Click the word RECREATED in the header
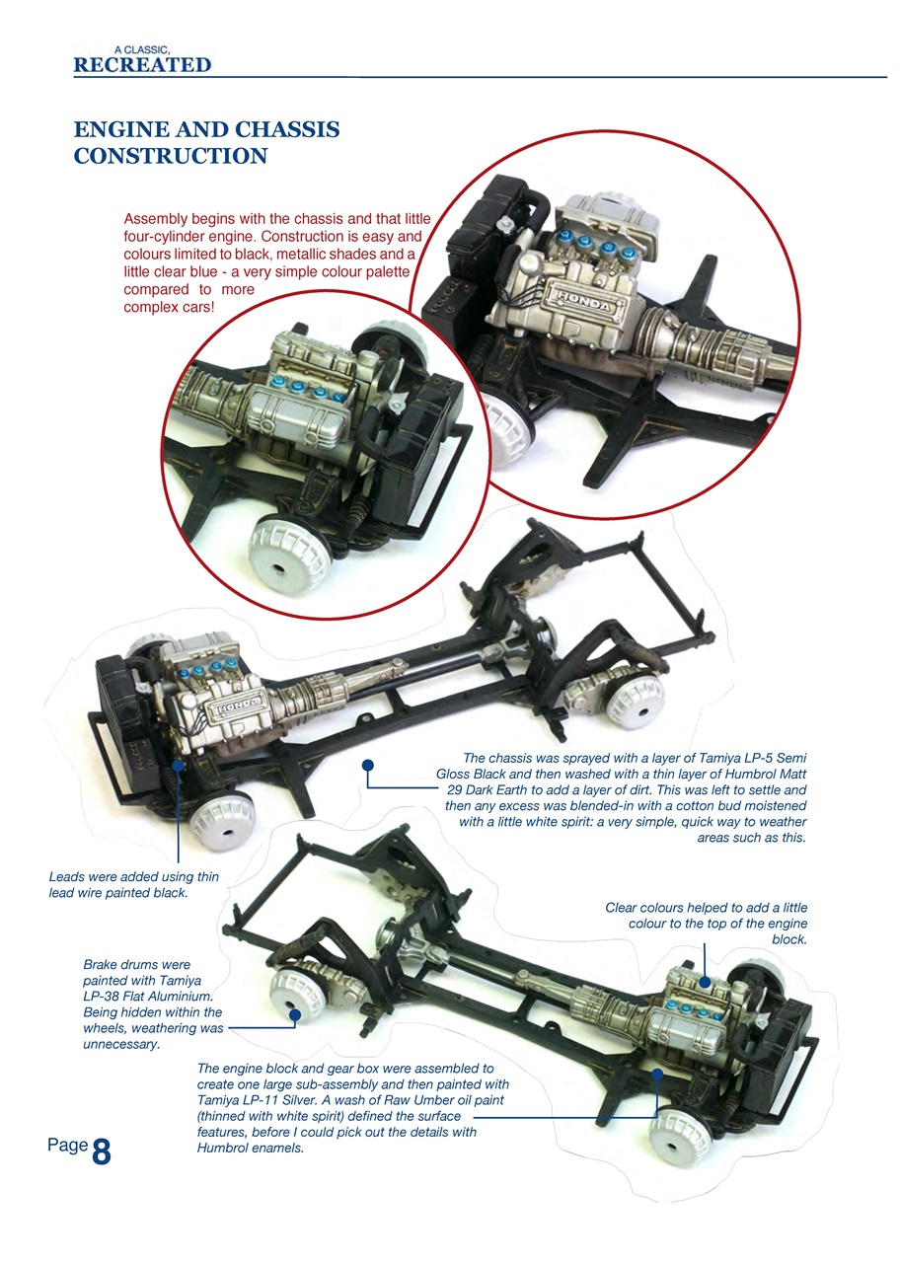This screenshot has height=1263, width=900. coord(142,65)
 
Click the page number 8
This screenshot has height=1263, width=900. coord(101,1152)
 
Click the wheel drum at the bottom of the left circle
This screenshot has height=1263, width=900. coord(289,551)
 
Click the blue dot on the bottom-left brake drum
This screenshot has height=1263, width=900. coord(293,1012)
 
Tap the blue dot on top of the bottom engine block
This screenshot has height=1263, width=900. coord(706,982)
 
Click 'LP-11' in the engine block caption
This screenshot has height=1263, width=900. coord(263,1100)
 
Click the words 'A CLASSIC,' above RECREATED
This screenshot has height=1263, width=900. coord(146,47)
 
